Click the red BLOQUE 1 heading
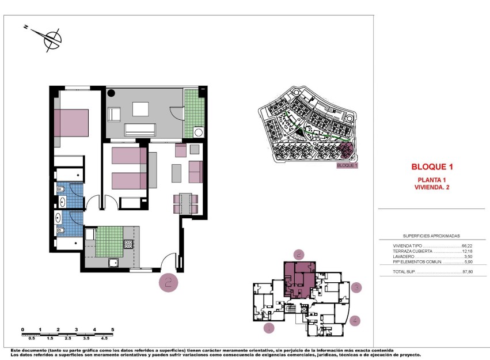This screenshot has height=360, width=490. point(432,167)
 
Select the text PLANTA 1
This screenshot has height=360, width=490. point(432,179)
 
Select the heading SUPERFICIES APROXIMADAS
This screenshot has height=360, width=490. point(432,236)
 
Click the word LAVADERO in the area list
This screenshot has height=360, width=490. point(398,257)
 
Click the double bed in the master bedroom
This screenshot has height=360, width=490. point(71,122)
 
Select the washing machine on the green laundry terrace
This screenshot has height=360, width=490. point(199,132)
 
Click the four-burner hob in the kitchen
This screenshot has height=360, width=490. point(128,245)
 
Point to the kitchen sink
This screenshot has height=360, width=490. point(114,263)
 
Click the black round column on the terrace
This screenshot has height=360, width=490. point(111,92)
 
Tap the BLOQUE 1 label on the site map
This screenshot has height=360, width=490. point(347,166)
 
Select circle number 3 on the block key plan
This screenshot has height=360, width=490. point(356,287)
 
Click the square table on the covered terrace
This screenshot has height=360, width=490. point(140,109)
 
